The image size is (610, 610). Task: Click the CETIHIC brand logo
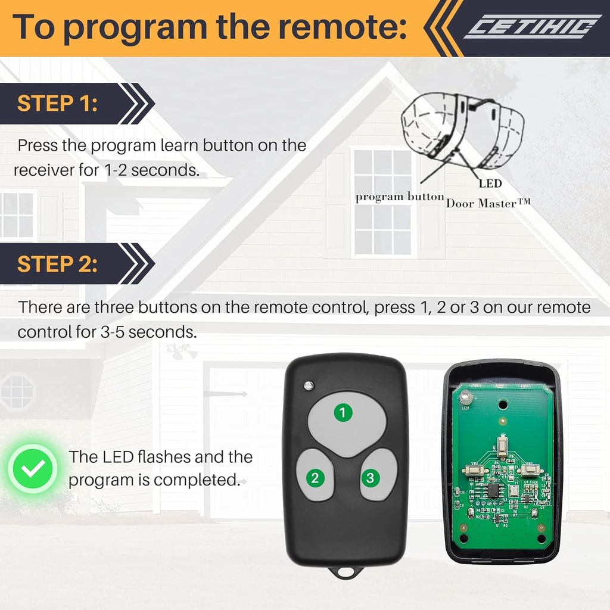click(532, 27)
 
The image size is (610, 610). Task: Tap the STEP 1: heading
click(57, 103)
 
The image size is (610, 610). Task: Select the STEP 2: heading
click(57, 263)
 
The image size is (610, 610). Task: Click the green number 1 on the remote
click(343, 412)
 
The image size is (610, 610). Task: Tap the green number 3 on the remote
click(371, 477)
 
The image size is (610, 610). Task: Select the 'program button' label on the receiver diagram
click(400, 197)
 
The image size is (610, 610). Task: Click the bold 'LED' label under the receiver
click(490, 184)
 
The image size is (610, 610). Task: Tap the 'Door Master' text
click(488, 203)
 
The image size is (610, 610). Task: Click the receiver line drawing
click(462, 128)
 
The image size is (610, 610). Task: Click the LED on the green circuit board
click(466, 397)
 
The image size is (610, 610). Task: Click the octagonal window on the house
click(17, 391)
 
